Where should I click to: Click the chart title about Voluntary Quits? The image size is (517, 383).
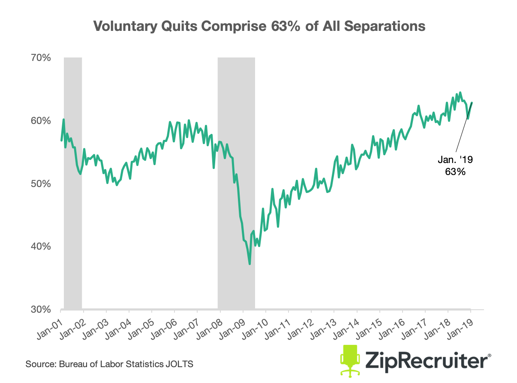259,27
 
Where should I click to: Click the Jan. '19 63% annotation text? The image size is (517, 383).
454,166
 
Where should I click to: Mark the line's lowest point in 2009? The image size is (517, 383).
249,264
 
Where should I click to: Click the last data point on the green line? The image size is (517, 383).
472,103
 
